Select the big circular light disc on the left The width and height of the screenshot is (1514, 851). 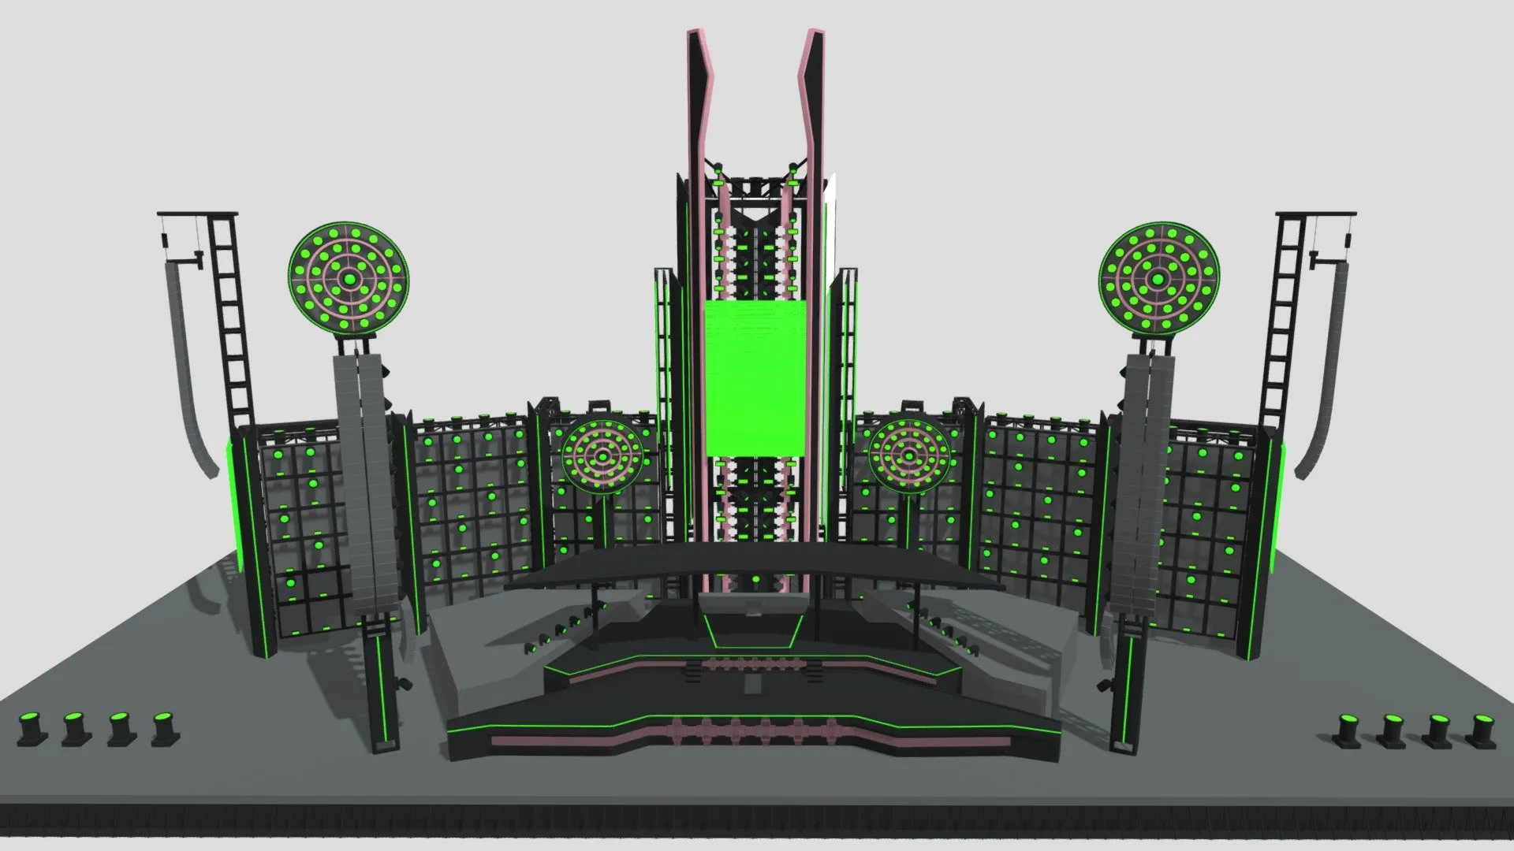click(348, 279)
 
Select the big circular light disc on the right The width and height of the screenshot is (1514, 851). click(1158, 279)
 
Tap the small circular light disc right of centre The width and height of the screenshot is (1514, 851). click(908, 455)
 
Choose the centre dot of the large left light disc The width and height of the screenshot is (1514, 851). click(348, 279)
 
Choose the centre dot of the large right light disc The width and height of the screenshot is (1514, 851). click(1158, 280)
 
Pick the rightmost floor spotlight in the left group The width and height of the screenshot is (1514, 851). click(165, 728)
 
